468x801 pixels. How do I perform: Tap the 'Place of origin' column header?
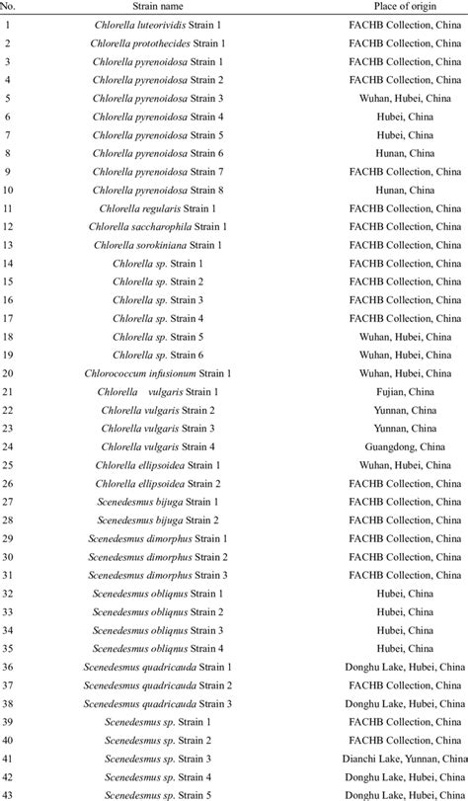point(404,7)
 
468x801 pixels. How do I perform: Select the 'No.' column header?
point(9,7)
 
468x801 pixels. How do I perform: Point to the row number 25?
point(8,466)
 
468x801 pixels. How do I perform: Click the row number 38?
point(8,704)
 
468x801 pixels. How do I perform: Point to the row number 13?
point(8,246)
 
